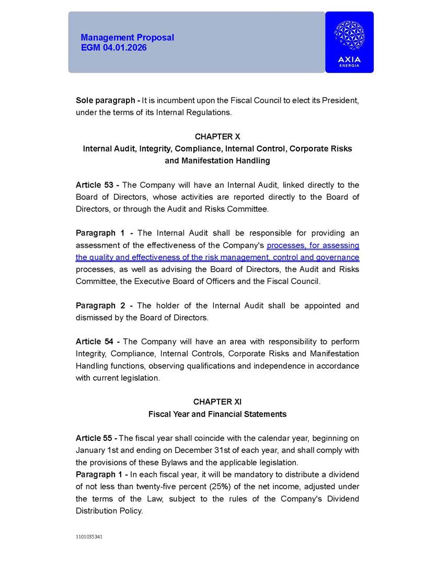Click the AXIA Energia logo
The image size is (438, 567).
click(349, 42)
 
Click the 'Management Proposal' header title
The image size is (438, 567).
click(127, 38)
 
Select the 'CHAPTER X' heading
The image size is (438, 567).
click(217, 137)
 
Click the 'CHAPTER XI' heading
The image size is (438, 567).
click(217, 402)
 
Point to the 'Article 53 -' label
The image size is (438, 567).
click(98, 185)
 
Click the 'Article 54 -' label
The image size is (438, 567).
click(98, 342)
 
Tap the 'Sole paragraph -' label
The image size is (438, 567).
click(108, 100)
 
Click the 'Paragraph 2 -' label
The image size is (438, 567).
click(105, 305)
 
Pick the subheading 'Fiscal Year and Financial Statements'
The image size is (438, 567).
click(217, 414)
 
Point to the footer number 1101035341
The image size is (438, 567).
click(89, 537)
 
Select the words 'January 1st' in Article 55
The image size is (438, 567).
click(96, 450)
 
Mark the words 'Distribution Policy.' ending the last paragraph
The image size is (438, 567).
click(109, 511)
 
